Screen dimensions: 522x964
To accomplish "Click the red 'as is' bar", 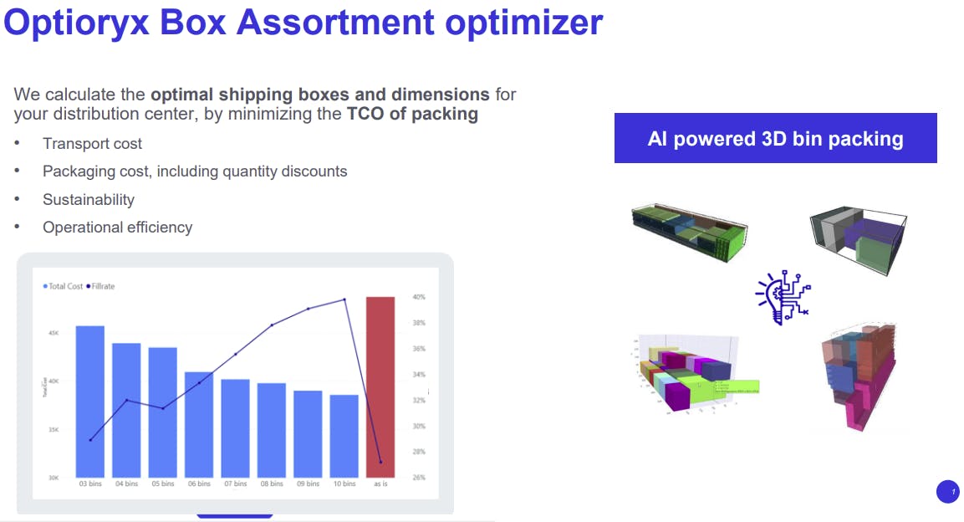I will point(380,386).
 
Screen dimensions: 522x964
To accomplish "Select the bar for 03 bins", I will point(90,402).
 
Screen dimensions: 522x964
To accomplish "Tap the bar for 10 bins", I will point(344,436).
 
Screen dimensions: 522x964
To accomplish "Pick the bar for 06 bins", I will point(199,425).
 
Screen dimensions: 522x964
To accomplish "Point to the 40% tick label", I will point(419,297).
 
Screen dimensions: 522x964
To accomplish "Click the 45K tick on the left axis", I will point(53,333).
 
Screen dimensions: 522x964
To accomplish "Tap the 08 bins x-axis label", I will point(272,484).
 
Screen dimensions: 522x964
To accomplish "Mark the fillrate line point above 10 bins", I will point(344,299).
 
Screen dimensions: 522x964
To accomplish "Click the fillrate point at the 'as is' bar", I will point(380,462).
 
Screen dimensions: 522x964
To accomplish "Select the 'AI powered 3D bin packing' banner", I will point(775,138).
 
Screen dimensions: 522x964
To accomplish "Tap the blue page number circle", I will point(948,492).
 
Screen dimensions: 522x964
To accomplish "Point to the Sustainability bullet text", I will point(89,199).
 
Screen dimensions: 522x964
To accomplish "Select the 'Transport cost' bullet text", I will point(93,144).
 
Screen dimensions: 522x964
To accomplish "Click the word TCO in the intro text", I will point(365,114).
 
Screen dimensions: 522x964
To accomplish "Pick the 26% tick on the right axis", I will point(419,478).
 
